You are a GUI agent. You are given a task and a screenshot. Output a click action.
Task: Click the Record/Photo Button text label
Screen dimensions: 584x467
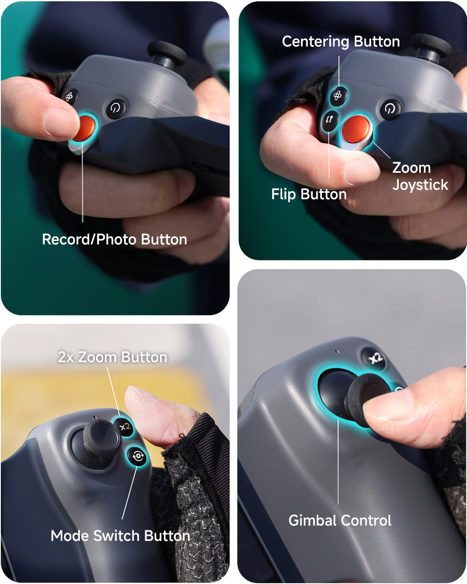[x=114, y=239]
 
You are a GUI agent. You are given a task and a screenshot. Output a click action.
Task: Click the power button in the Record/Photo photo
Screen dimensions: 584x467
[x=116, y=109]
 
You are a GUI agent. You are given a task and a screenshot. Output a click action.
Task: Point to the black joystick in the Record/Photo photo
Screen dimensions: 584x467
[x=167, y=53]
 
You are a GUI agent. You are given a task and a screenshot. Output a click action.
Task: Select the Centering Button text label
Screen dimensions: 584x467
[x=340, y=42]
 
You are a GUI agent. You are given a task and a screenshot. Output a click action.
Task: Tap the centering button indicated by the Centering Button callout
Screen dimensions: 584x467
[x=338, y=96]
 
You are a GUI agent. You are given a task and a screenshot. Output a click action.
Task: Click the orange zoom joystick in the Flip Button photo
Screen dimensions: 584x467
[x=356, y=129]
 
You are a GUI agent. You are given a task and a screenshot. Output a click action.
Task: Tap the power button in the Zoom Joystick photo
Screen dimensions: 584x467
[x=390, y=109]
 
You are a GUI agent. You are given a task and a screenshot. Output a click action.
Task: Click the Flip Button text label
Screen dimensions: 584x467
[x=309, y=194]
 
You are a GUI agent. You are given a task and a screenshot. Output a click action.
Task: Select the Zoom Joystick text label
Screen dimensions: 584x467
[x=420, y=176]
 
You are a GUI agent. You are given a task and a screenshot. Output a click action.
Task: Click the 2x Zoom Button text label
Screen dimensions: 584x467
[x=113, y=357]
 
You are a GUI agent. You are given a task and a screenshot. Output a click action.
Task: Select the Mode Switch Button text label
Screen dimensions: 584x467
[x=120, y=535]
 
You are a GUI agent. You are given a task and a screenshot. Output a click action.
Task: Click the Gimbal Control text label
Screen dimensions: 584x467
[x=340, y=521]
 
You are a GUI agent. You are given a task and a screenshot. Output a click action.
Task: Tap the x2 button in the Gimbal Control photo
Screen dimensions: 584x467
[x=375, y=359]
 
